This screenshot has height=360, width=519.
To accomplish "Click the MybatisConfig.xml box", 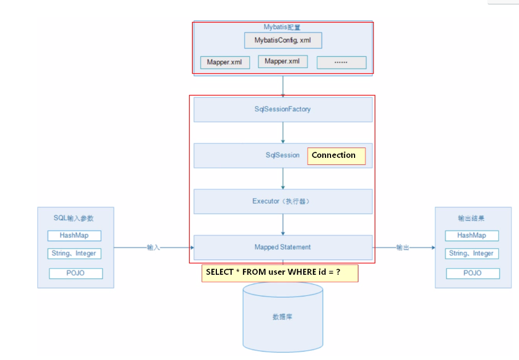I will (x=282, y=40).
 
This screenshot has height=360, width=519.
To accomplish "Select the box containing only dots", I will (x=341, y=62).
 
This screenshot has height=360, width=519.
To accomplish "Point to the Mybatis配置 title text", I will (x=282, y=27).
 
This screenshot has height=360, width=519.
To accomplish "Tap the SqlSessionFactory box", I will (x=283, y=109).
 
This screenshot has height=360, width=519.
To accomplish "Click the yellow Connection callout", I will (x=336, y=156).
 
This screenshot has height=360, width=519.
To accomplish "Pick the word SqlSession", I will (x=282, y=155).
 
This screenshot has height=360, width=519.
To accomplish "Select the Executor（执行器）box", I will (x=283, y=201).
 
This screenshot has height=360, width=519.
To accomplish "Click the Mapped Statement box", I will (x=283, y=247).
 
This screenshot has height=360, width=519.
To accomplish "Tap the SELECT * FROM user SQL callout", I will (x=280, y=273).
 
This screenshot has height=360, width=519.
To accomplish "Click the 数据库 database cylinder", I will (x=282, y=317).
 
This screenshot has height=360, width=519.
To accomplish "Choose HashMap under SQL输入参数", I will (x=74, y=236).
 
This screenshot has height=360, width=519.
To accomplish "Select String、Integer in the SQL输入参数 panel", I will (x=74, y=253).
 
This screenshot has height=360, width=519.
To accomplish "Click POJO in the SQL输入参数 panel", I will (x=75, y=273).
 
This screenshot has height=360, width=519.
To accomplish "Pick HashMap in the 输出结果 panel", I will (x=471, y=235).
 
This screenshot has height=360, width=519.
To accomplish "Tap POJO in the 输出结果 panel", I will (x=473, y=273).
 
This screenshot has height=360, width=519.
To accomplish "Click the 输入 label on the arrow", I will (x=154, y=247).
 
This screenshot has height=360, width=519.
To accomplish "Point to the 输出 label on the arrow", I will (x=403, y=247).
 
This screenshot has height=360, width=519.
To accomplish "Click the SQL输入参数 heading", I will (x=74, y=218).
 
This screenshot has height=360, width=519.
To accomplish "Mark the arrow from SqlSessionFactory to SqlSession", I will (x=283, y=132).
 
